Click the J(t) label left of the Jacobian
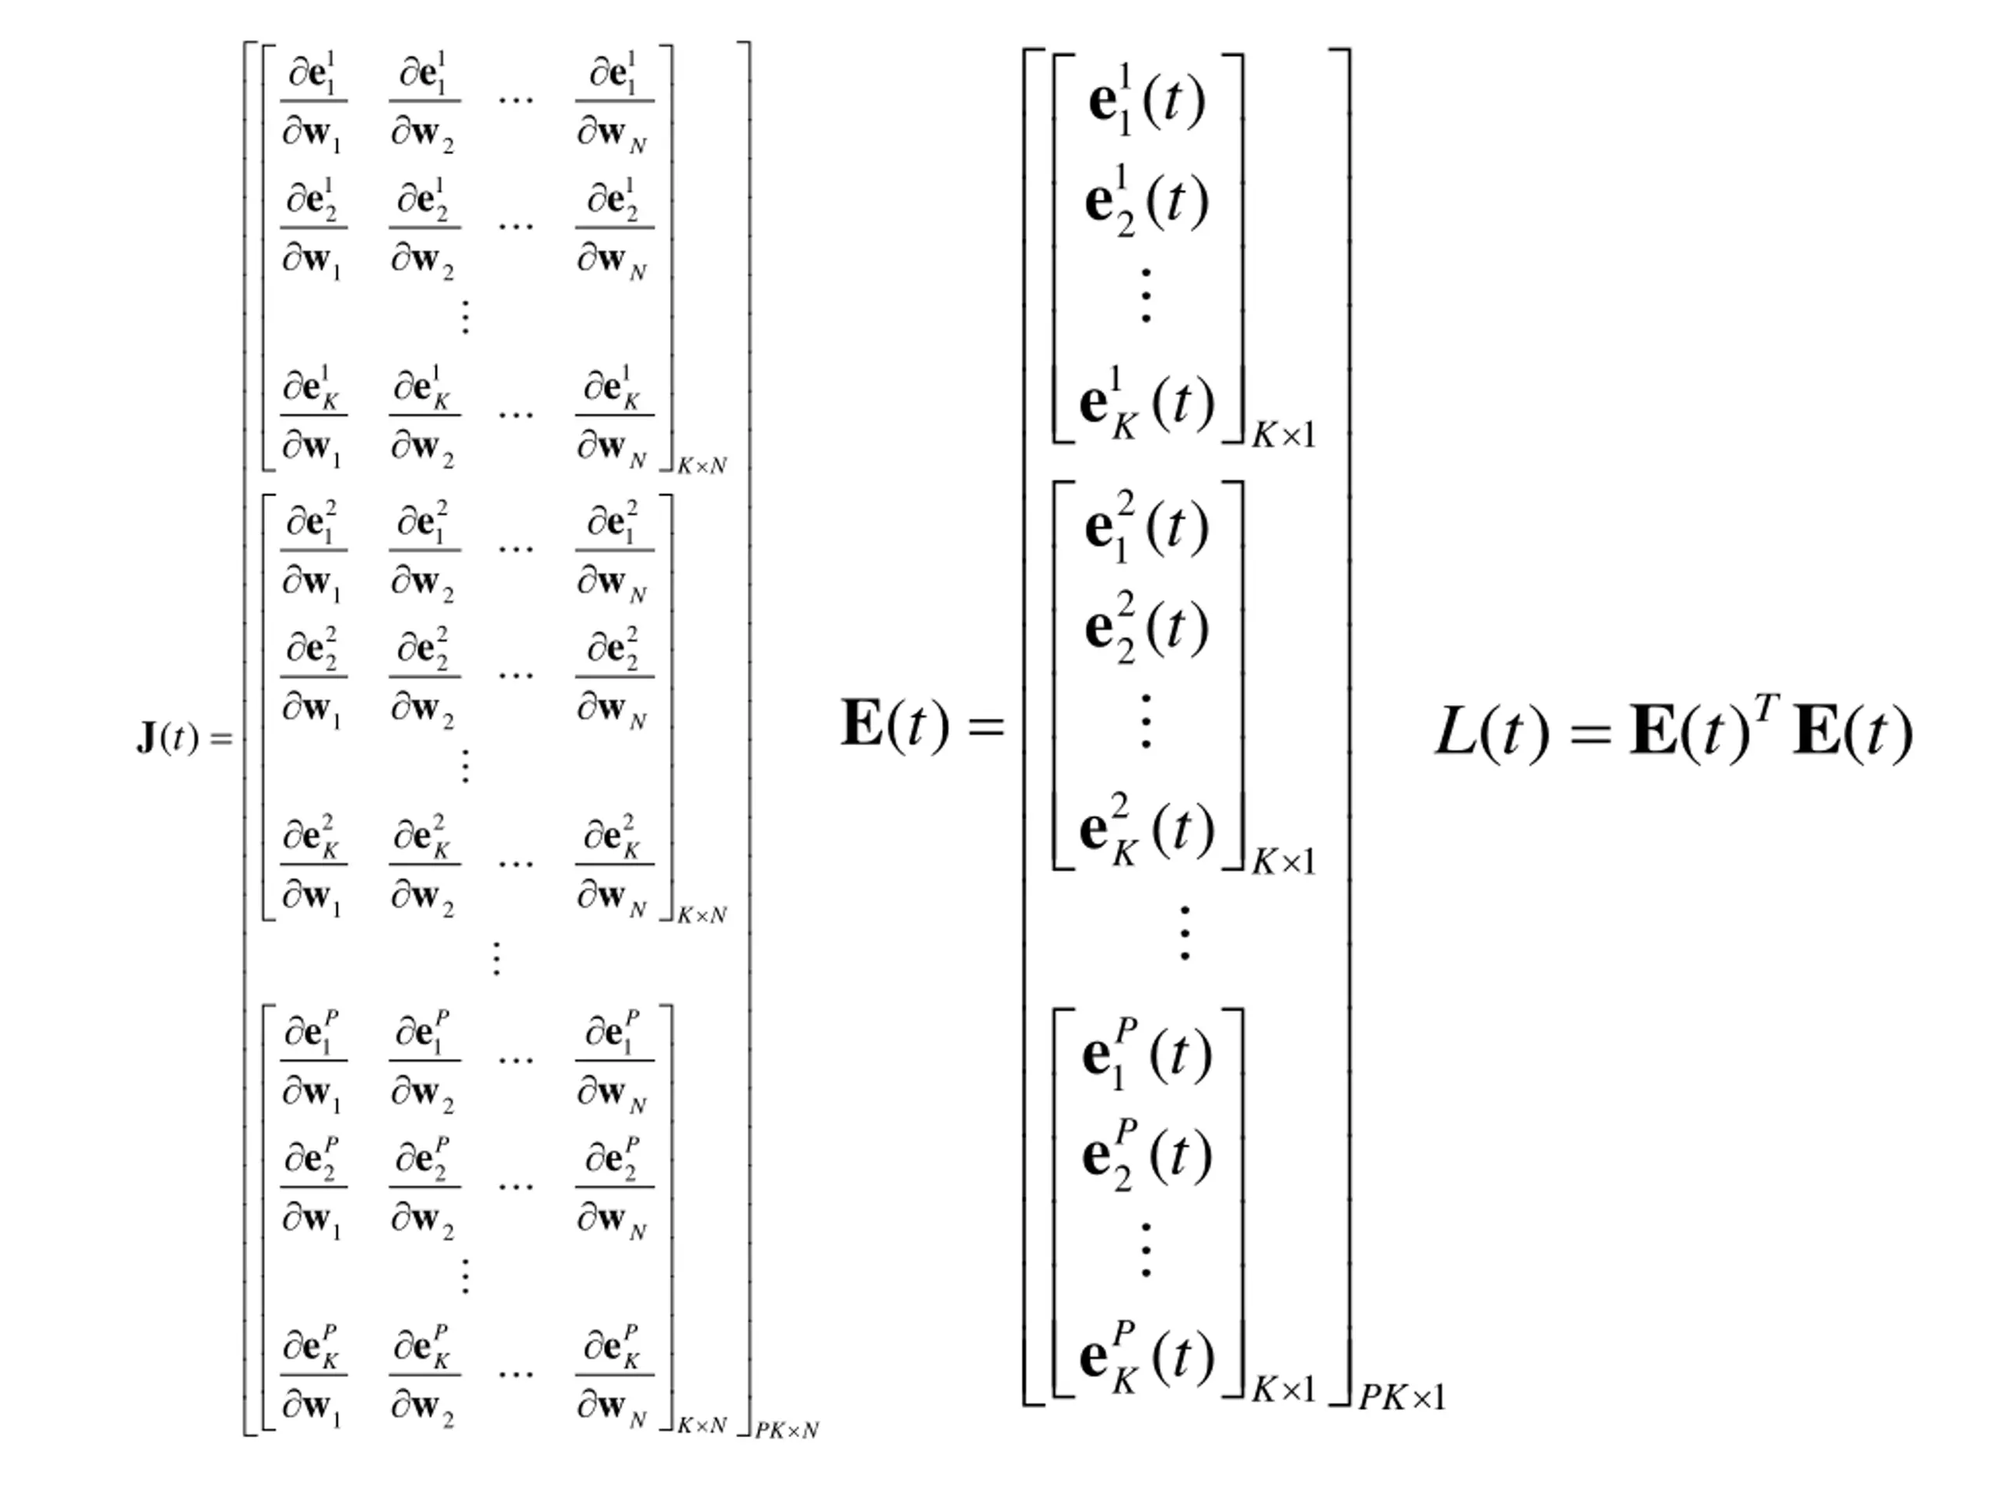[166, 738]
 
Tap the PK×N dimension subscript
[787, 1430]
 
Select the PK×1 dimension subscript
[1402, 1397]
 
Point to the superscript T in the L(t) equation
[1766, 710]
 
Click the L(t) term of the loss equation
[1492, 733]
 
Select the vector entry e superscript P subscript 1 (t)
[1146, 1054]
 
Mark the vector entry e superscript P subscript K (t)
[1146, 1358]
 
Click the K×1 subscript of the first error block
[1284, 436]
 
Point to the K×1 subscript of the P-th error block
[1284, 1390]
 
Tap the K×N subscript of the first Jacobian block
[702, 466]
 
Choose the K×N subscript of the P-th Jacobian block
[702, 1425]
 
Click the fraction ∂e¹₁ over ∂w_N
[614, 102]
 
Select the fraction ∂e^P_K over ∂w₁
[313, 1376]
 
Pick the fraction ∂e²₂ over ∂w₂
[424, 677]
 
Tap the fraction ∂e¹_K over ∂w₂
[424, 416]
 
